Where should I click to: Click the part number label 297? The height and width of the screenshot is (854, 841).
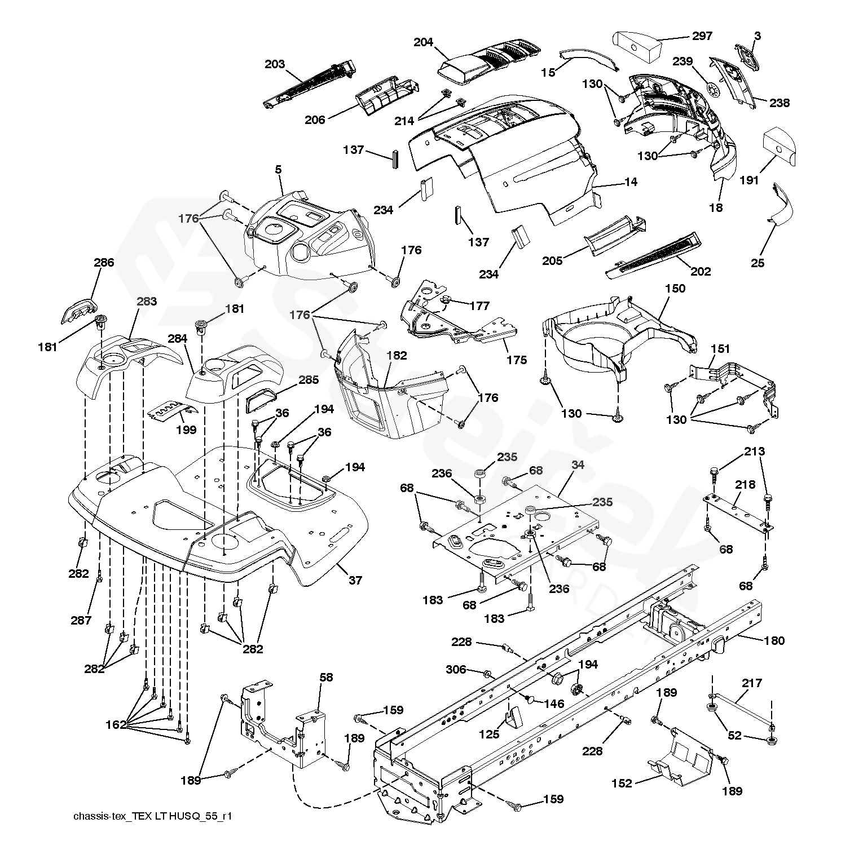click(x=702, y=36)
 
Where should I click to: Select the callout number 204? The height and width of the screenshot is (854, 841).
click(x=424, y=42)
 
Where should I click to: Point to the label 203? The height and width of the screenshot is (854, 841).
click(x=275, y=64)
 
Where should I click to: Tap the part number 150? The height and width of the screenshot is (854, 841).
click(x=675, y=289)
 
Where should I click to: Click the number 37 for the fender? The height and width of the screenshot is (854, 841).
click(x=355, y=580)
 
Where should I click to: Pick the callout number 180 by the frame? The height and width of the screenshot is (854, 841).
click(x=774, y=640)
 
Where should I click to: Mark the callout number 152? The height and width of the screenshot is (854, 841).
click(x=622, y=783)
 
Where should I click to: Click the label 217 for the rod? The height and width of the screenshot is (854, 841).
click(x=752, y=683)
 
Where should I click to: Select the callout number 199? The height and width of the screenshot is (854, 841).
click(x=186, y=430)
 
